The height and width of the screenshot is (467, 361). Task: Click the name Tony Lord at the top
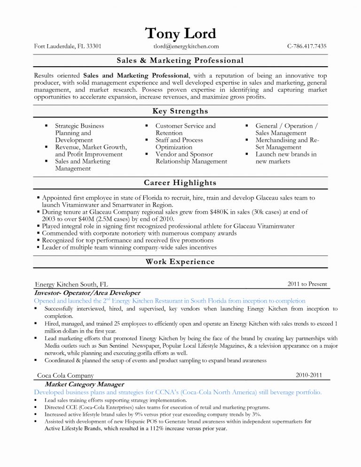[x=180, y=33]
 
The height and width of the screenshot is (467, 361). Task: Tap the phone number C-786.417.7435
[x=307, y=46]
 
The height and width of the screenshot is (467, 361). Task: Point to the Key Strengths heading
[x=180, y=111]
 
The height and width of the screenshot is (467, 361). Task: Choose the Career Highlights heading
[x=180, y=182]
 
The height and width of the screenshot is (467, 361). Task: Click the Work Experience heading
[x=180, y=262]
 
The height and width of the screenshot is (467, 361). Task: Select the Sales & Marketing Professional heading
[x=180, y=60]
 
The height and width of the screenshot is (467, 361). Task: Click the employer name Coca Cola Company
[x=65, y=376]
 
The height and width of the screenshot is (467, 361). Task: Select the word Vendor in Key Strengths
[x=165, y=154]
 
